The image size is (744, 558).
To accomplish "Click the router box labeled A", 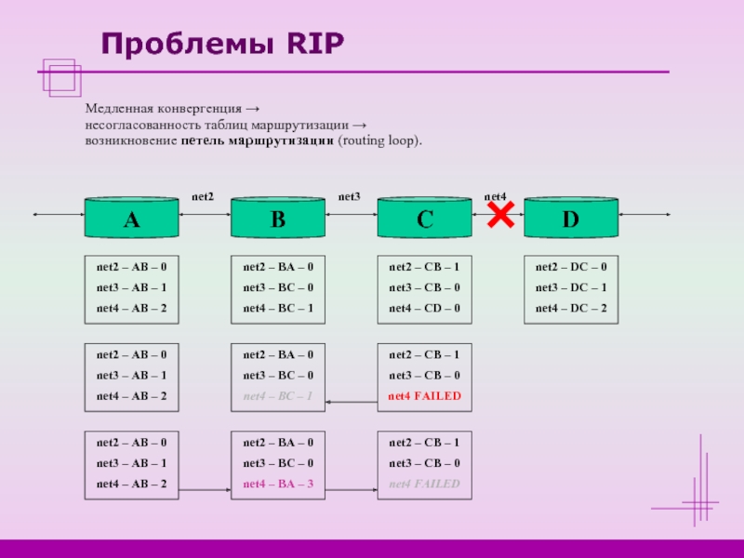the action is click(x=131, y=219).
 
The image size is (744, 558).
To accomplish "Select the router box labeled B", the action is click(x=278, y=219).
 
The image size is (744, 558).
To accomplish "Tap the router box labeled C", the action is click(x=424, y=219).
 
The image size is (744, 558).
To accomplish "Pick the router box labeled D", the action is click(x=570, y=219).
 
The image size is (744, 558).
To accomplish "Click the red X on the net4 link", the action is click(x=499, y=216).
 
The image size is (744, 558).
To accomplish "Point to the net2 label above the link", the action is click(x=203, y=196).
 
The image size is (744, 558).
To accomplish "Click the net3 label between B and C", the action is click(x=349, y=196).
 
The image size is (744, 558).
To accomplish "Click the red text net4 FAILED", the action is click(x=424, y=396).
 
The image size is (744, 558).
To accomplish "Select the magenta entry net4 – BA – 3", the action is click(x=278, y=484).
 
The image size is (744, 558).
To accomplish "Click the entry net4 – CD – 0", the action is click(x=424, y=308).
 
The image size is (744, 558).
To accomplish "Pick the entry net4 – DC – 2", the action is click(x=570, y=308).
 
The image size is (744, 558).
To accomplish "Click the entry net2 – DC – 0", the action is click(x=570, y=266).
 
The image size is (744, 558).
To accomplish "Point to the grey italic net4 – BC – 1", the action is click(x=278, y=396).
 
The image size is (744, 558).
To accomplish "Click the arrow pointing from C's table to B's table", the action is click(x=351, y=403).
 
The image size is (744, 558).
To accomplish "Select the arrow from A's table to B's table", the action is click(x=205, y=490).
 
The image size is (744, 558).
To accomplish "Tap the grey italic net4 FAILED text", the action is click(x=424, y=484).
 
